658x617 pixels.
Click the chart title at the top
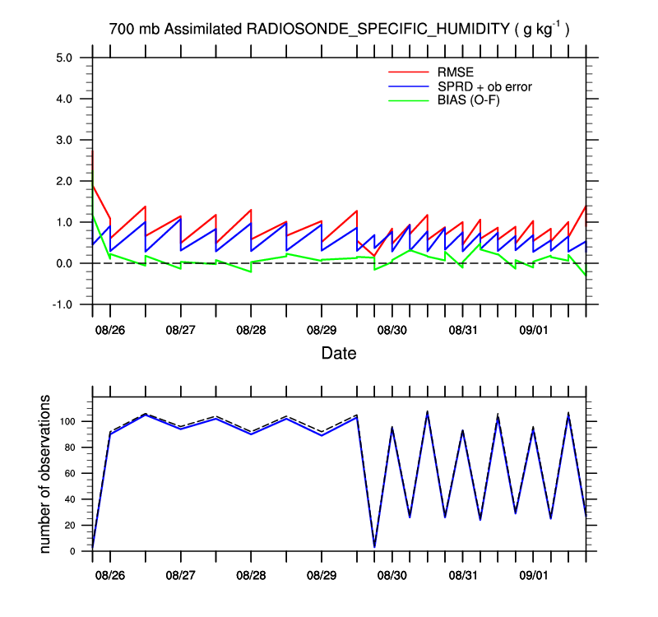point(340,30)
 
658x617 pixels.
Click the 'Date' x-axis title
point(338,354)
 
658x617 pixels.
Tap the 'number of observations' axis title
point(47,475)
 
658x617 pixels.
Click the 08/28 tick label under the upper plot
point(251,330)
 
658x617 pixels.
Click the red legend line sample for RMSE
point(402,72)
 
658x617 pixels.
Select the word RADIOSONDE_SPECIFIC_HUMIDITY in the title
point(378,30)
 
